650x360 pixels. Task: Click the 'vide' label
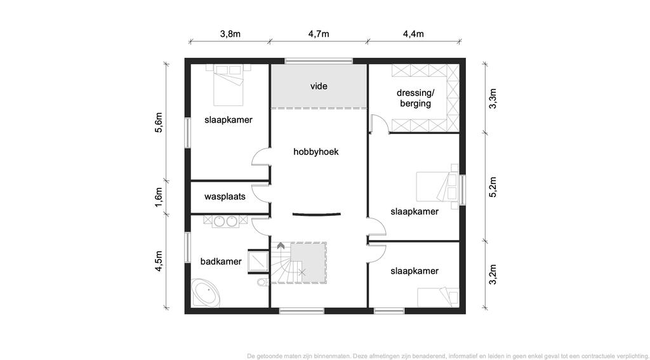pyautogui.click(x=319, y=86)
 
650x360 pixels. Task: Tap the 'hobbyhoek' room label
pyautogui.click(x=316, y=152)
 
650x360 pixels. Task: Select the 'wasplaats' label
pyautogui.click(x=225, y=197)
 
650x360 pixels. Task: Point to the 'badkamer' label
pyautogui.click(x=221, y=262)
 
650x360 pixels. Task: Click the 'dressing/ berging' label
pyautogui.click(x=415, y=98)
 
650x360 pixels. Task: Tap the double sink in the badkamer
pyautogui.click(x=225, y=221)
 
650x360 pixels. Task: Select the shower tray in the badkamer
pyautogui.click(x=258, y=262)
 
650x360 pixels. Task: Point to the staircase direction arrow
pyautogui.click(x=281, y=246)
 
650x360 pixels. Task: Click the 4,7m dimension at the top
pyautogui.click(x=319, y=34)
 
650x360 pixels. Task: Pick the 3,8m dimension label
pyautogui.click(x=230, y=34)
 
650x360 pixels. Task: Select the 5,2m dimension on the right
pyautogui.click(x=493, y=187)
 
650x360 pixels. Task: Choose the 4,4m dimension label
pyautogui.click(x=413, y=34)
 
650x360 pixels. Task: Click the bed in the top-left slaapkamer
pyautogui.click(x=228, y=85)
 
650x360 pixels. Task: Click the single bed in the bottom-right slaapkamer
pyautogui.click(x=438, y=297)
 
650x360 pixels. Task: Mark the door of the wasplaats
pyautogui.click(x=260, y=193)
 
